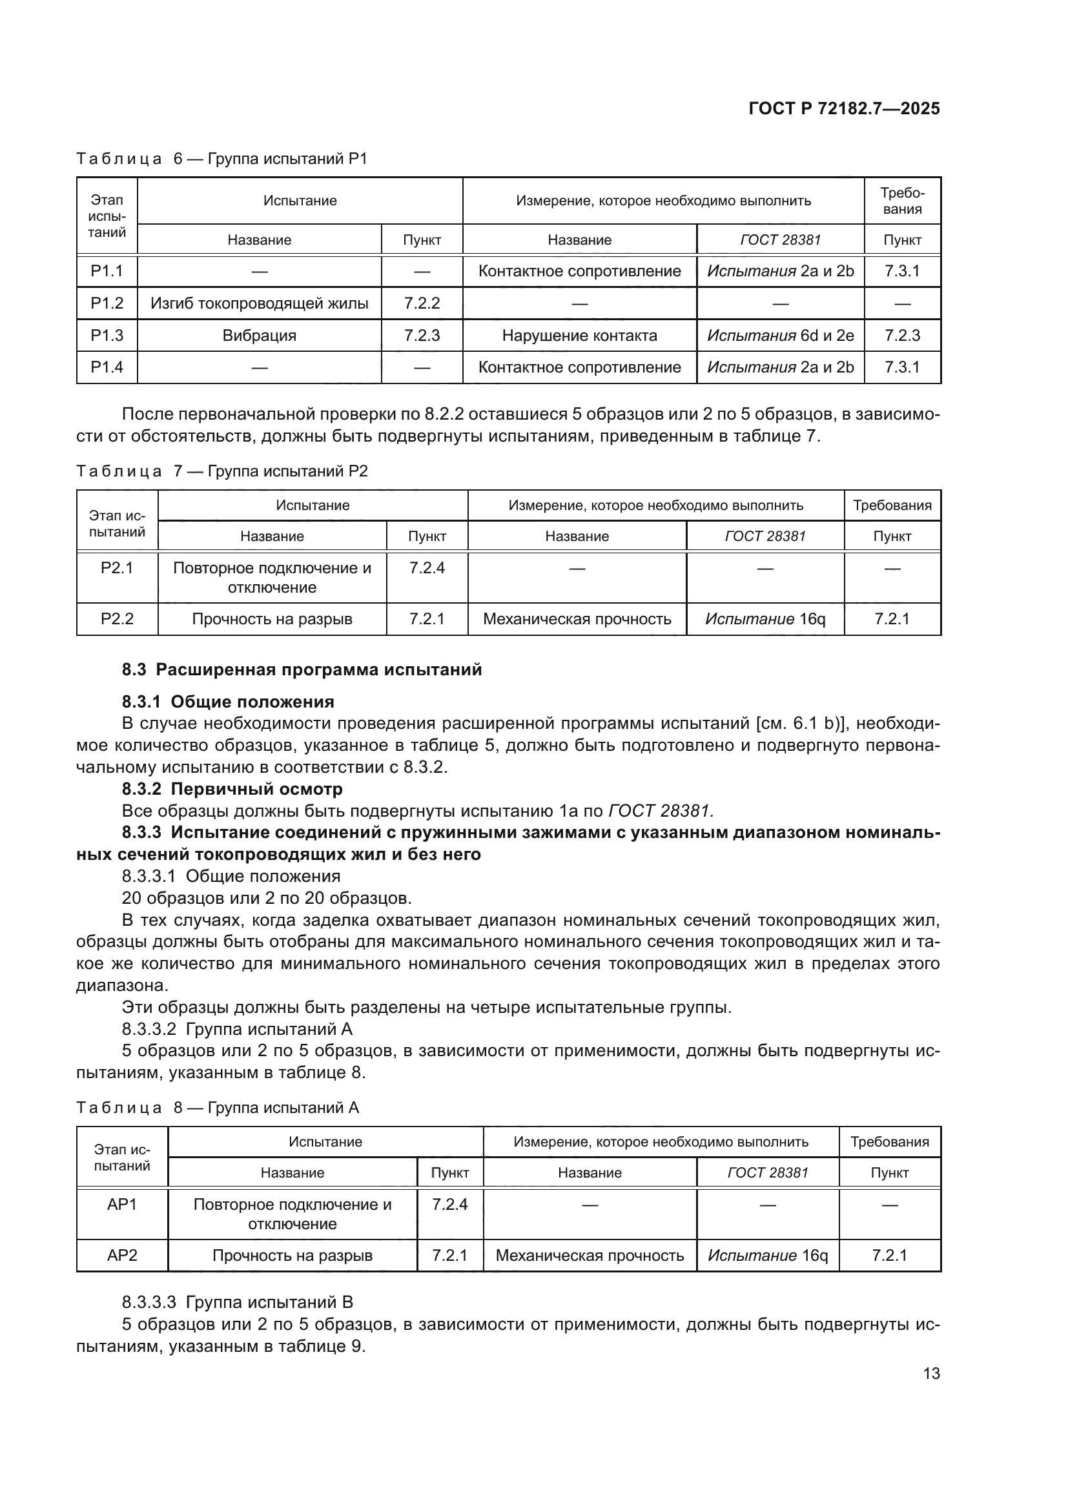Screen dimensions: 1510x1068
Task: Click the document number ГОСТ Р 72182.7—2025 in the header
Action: click(844, 108)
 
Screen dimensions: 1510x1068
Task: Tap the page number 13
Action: click(931, 1373)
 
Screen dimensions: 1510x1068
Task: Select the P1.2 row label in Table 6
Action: click(107, 303)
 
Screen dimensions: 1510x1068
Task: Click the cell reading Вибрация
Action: click(259, 336)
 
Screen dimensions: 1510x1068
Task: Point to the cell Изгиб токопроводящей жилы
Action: click(259, 303)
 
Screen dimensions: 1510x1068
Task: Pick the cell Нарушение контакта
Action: click(579, 336)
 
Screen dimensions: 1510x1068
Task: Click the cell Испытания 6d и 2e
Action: click(780, 336)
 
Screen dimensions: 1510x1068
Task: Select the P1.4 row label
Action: click(107, 367)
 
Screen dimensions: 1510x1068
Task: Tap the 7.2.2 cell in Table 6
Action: click(422, 303)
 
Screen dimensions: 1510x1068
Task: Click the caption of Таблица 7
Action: click(221, 471)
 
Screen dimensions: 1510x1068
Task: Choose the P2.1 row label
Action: click(117, 567)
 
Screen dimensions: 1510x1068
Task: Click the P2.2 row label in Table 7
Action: click(117, 619)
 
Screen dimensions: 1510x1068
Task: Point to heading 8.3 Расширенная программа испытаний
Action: click(302, 669)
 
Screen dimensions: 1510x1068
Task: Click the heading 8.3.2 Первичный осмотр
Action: click(232, 788)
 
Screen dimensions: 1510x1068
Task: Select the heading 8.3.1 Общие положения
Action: click(228, 702)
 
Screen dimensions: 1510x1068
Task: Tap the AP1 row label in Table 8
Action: click(122, 1204)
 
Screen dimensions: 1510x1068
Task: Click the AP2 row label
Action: click(122, 1256)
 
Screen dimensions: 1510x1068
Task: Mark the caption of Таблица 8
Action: click(217, 1108)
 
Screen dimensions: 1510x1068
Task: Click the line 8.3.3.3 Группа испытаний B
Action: click(238, 1302)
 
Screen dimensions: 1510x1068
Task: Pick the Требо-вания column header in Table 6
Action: click(902, 201)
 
